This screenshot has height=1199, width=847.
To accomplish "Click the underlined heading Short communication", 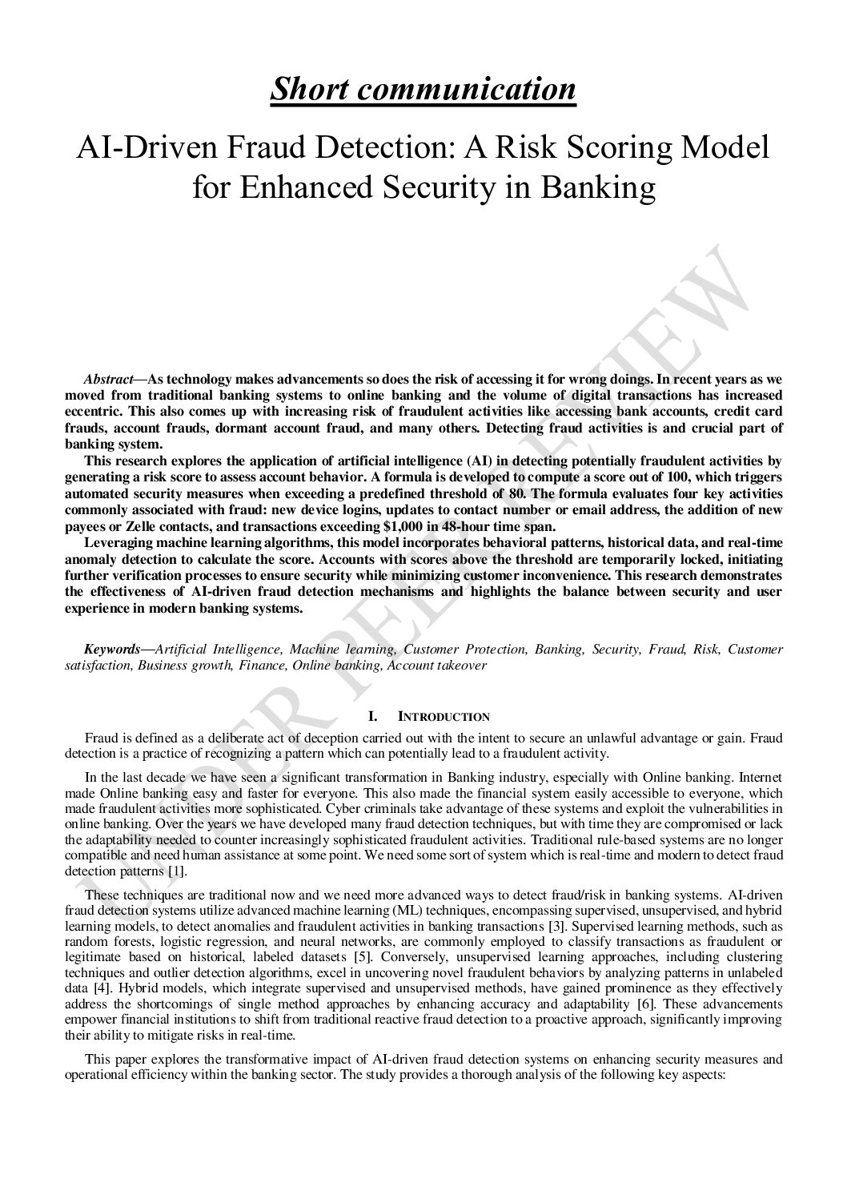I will [x=423, y=89].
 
